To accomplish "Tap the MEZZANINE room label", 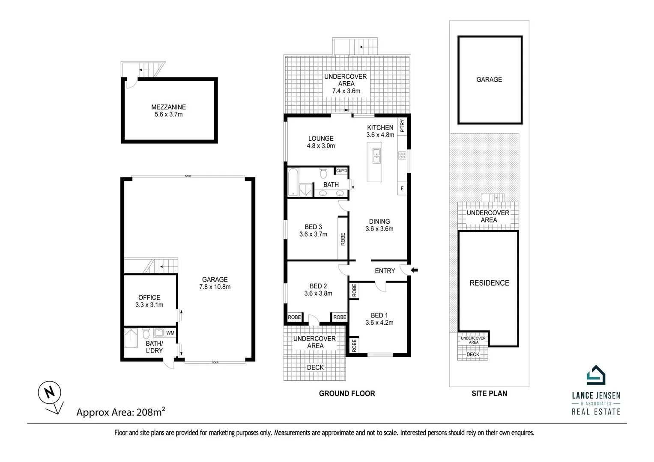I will (168, 107).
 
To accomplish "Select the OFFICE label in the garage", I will (149, 297).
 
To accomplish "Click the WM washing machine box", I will (170, 333).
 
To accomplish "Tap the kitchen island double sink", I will (376, 156).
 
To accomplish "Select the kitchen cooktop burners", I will (402, 156).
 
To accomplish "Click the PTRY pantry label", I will (402, 127).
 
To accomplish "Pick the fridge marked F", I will (402, 188).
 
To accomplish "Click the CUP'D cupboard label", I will (341, 171).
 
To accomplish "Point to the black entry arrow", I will (414, 270).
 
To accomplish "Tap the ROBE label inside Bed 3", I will (343, 239).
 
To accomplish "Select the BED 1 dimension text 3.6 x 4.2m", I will (379, 323).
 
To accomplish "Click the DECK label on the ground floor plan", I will (315, 367).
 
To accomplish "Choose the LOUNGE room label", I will (321, 138).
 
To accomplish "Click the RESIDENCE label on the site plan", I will (489, 283).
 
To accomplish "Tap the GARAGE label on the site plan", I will (489, 80).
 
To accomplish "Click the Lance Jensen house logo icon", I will (596, 375).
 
